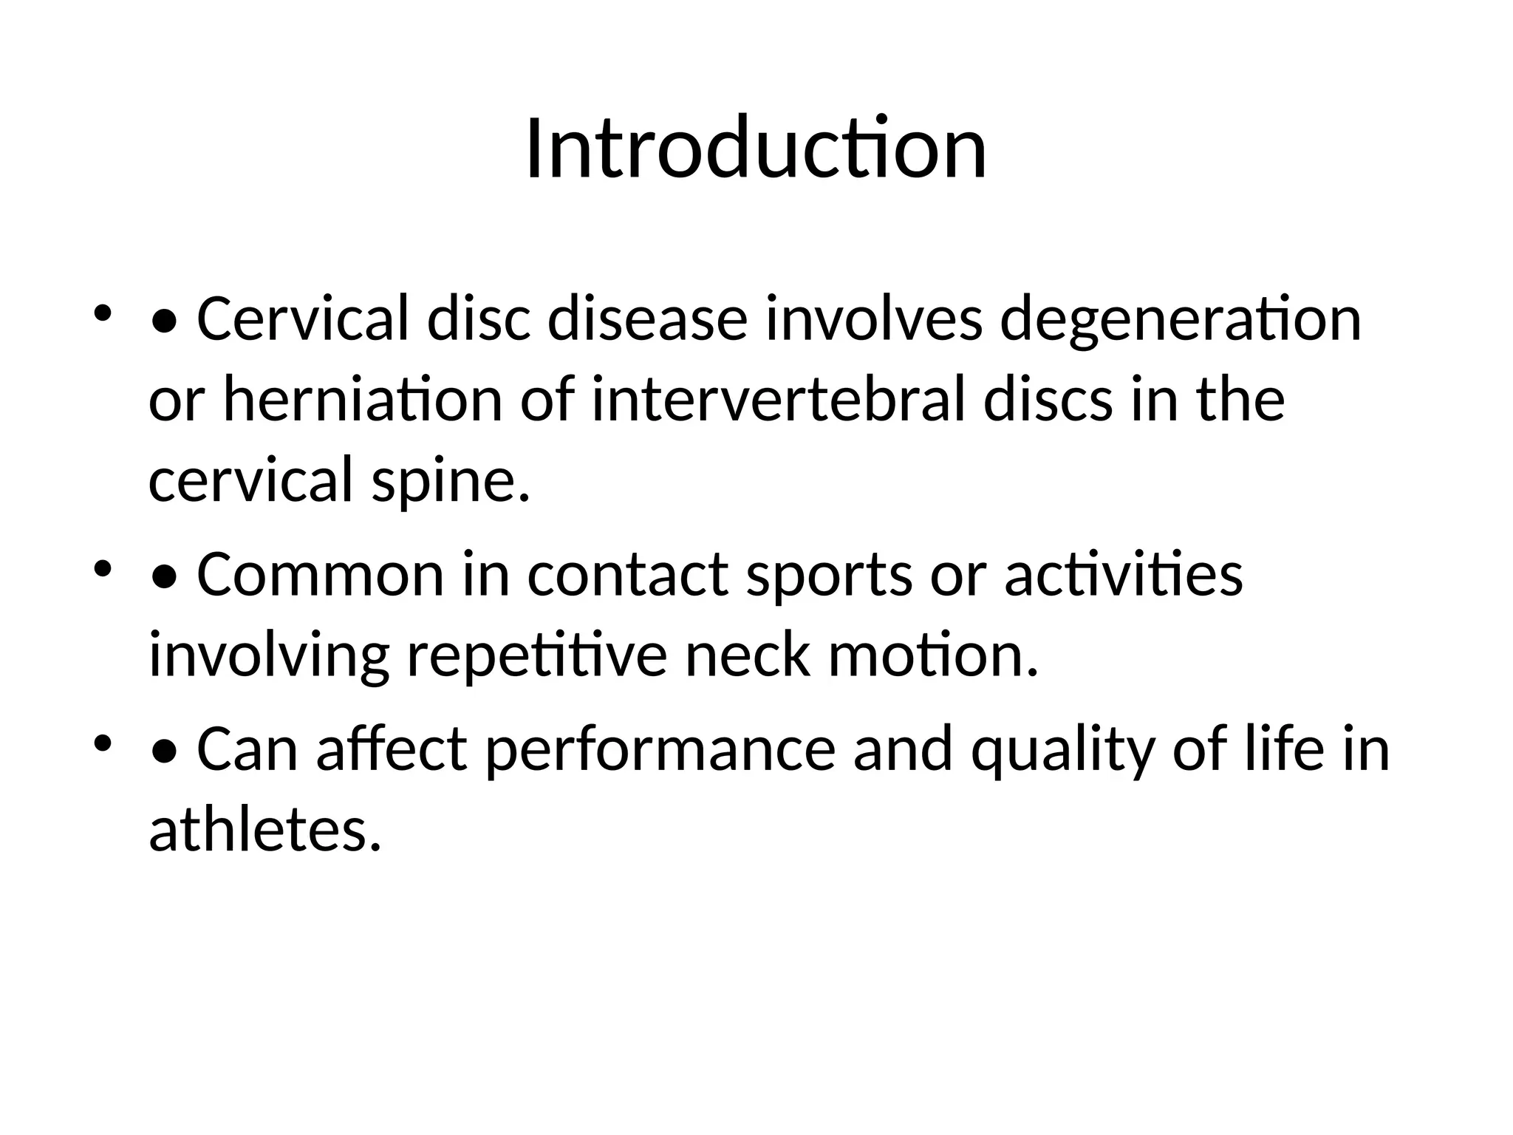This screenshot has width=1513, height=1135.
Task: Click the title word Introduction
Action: [756, 149]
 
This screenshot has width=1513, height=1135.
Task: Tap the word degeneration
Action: [1180, 320]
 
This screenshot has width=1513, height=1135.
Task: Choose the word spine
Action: [451, 480]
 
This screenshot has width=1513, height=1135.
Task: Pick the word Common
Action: [320, 575]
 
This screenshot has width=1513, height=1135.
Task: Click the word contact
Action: [628, 575]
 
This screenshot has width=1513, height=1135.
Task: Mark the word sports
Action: [829, 575]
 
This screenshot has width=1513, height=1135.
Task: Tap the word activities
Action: [1123, 575]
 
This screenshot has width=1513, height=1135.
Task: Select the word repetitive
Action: [537, 655]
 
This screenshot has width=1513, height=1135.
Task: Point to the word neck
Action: [748, 655]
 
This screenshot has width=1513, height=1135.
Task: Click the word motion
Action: [933, 655]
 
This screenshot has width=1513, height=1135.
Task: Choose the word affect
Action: [392, 750]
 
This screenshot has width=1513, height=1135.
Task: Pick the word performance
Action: [660, 750]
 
